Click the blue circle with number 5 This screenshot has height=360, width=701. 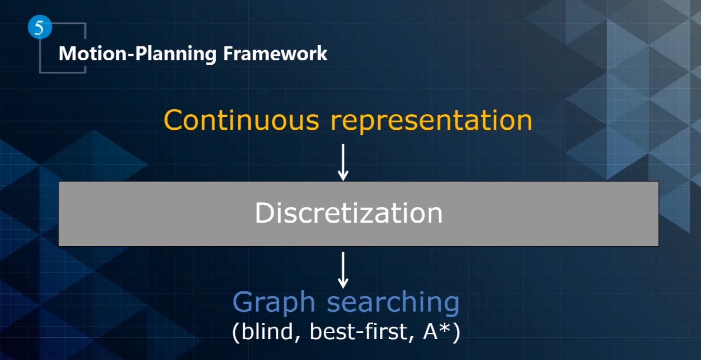point(40,27)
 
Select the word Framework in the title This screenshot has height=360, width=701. point(275,53)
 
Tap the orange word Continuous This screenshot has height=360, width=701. point(241,120)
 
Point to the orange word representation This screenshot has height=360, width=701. point(431,121)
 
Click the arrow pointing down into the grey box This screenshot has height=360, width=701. point(343,162)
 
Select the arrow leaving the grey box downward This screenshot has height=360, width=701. point(343,270)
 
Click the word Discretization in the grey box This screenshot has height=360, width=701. point(349,213)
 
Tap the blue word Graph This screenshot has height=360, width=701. point(274,302)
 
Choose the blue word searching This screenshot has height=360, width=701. point(393,302)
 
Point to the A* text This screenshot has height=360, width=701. point(437,331)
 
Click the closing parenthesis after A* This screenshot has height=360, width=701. point(457,332)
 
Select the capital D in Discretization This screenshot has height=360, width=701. point(263,213)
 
